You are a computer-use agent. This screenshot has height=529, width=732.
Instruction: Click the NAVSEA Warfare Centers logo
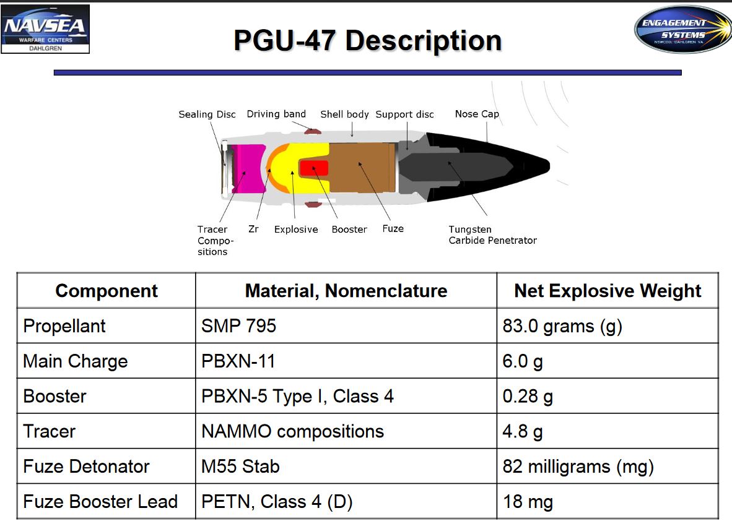[45, 29]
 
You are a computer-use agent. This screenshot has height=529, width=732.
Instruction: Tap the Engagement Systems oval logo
[682, 29]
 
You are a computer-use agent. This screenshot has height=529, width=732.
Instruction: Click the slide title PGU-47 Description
[367, 40]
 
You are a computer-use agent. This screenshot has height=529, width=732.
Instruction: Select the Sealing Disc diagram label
[207, 114]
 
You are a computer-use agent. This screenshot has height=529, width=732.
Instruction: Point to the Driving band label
[276, 114]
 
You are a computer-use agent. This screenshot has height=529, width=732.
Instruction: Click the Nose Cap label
[477, 114]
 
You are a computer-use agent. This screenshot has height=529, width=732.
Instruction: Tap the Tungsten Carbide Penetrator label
[492, 234]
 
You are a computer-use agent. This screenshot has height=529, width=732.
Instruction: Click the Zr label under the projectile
[253, 228]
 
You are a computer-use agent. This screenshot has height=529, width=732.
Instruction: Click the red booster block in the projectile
[314, 168]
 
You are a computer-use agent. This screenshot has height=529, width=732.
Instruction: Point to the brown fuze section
[362, 168]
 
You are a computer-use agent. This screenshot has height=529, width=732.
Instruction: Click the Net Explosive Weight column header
[608, 291]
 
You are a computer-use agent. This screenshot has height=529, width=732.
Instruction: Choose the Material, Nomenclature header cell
[346, 291]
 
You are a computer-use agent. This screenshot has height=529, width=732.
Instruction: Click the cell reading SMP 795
[346, 325]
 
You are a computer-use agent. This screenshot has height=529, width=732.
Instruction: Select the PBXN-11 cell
[346, 361]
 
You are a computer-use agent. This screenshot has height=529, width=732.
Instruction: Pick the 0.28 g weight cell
[608, 396]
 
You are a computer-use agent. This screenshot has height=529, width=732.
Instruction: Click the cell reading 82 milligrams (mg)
[608, 467]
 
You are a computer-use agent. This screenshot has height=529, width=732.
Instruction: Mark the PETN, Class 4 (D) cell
[346, 502]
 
